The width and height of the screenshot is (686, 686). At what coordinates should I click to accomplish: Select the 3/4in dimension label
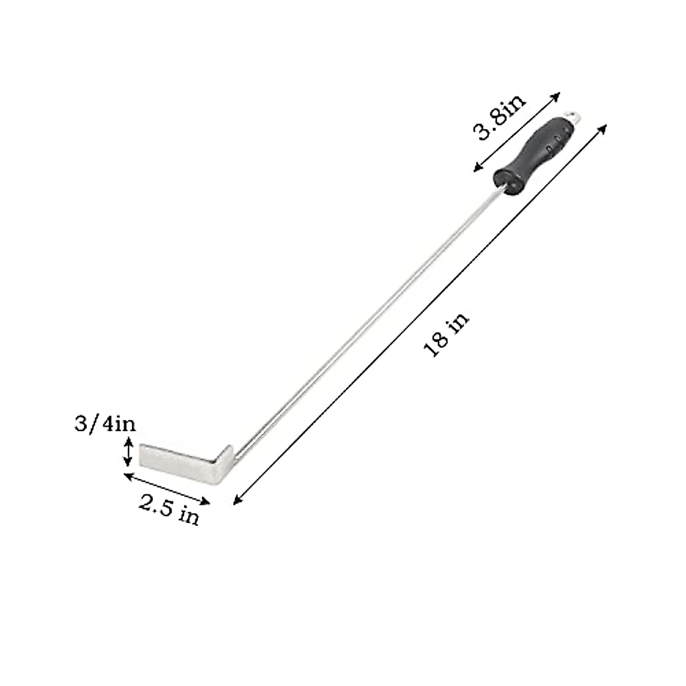[105, 424]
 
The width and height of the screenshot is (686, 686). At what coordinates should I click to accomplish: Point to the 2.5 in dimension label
[169, 509]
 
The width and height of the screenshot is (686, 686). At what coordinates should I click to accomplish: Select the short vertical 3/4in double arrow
[129, 452]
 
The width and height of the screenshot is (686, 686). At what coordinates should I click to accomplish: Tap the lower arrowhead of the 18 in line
[236, 501]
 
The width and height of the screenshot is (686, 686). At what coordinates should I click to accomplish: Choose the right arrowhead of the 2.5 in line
[207, 502]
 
